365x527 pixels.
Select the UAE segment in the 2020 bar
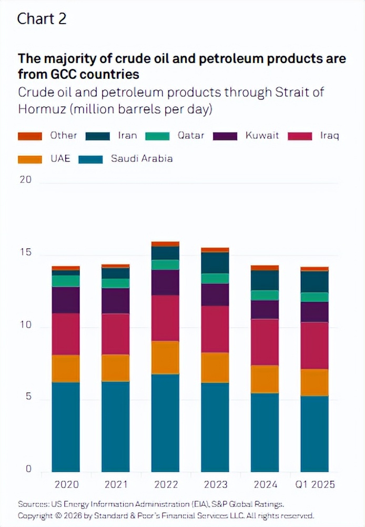point(66,368)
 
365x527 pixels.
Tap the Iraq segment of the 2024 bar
point(265,342)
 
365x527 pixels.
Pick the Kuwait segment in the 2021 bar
point(116,301)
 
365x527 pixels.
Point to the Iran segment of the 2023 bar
point(215,262)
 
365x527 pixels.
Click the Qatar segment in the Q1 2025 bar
point(315,297)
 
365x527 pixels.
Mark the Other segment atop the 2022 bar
point(165,244)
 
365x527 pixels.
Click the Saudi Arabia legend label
point(141,158)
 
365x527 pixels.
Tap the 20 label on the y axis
point(25,180)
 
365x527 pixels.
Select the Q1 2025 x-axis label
point(315,484)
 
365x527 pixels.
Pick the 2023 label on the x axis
point(215,484)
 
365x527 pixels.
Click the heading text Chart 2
point(42,19)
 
